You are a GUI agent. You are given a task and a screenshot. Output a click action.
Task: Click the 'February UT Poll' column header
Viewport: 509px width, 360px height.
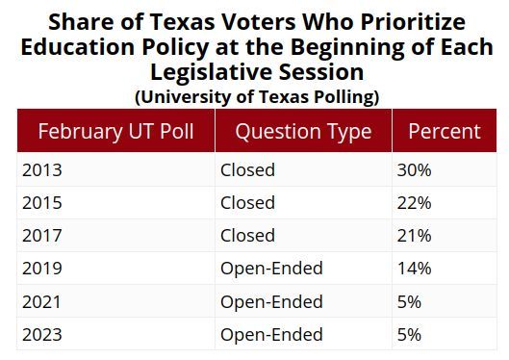(115, 131)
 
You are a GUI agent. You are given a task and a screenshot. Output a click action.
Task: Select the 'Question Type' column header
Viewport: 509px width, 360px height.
(302, 131)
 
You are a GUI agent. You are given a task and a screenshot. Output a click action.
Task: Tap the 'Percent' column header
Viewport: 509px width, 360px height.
(444, 131)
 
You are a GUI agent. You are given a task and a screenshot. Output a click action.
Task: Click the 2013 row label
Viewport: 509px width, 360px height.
(39, 170)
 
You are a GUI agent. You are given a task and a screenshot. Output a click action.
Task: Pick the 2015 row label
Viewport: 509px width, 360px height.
(39, 203)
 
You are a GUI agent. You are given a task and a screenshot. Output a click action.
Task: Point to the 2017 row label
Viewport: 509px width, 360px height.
(39, 236)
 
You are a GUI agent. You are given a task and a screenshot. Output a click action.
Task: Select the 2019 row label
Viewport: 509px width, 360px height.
(39, 269)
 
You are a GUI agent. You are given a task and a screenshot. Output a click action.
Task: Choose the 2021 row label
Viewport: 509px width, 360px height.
(39, 301)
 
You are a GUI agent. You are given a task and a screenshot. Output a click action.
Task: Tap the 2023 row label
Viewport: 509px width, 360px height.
(39, 334)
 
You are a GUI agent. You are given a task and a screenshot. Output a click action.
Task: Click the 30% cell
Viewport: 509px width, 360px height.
(415, 170)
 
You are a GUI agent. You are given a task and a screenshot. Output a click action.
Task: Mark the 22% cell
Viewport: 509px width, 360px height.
(415, 203)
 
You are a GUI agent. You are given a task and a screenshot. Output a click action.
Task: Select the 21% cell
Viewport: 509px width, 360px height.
(415, 236)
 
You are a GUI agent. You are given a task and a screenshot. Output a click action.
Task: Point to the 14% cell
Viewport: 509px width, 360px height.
(415, 269)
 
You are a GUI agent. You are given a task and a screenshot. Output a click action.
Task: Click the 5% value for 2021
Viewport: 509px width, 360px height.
(410, 301)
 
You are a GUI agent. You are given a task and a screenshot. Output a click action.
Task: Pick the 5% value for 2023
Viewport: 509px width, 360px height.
(410, 334)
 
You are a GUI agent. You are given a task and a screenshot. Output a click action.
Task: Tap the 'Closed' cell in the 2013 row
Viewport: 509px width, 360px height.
(247, 170)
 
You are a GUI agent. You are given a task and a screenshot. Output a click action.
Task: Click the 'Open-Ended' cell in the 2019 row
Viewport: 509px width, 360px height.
(271, 269)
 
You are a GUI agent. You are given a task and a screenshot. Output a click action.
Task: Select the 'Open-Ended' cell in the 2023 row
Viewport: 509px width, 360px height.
(271, 334)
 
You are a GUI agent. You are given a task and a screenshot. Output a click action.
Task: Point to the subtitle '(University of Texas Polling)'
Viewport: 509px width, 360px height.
(256, 96)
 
